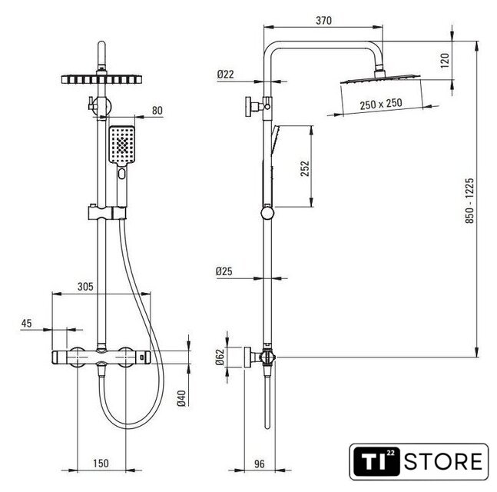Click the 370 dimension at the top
[x=323, y=21]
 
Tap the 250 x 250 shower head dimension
[x=381, y=104]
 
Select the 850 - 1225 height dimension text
[x=469, y=201]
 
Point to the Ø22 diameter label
[x=225, y=75]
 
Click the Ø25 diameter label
[x=224, y=271]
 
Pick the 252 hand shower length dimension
[x=305, y=168]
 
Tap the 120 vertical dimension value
[x=445, y=60]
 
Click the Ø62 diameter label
[x=220, y=357]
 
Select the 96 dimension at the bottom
[x=260, y=464]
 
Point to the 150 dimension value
[x=101, y=464]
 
